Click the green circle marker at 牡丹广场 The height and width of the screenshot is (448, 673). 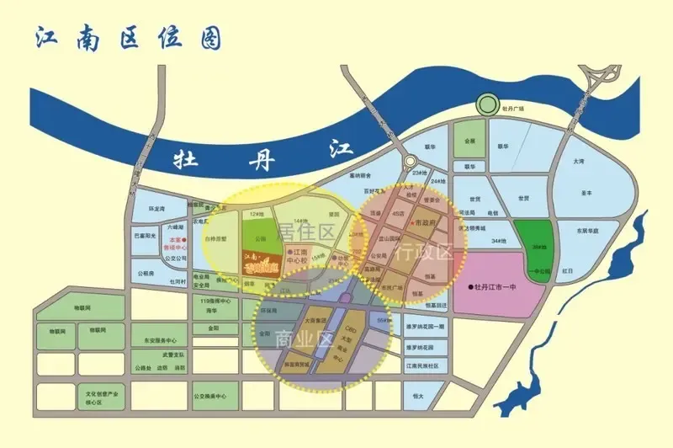pyautogui.click(x=486, y=105)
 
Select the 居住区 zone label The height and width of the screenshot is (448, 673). pyautogui.click(x=317, y=231)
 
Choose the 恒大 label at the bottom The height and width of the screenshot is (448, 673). pyautogui.click(x=417, y=395)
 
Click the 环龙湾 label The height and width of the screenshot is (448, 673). pyautogui.click(x=156, y=207)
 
